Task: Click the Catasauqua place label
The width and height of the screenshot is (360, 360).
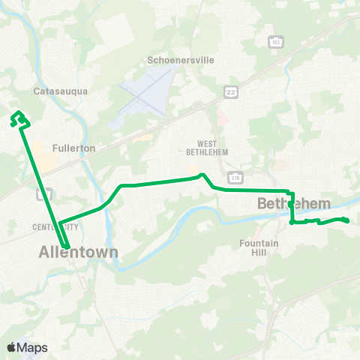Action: pos(61,91)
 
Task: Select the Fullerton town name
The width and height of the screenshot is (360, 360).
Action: pos(74,148)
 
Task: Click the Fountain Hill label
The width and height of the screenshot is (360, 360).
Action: pos(259,248)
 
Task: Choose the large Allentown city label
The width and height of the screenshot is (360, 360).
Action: pos(79,253)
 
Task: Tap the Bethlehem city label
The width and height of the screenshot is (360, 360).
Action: pos(294,204)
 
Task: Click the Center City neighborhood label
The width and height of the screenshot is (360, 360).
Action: pos(55,226)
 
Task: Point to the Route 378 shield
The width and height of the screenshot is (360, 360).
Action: pos(236,178)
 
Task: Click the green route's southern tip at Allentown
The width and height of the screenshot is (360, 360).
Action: pos(67,247)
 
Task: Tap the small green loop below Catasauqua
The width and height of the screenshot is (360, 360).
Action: pos(19,118)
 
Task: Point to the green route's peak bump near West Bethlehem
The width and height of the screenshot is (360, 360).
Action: pos(201,175)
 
